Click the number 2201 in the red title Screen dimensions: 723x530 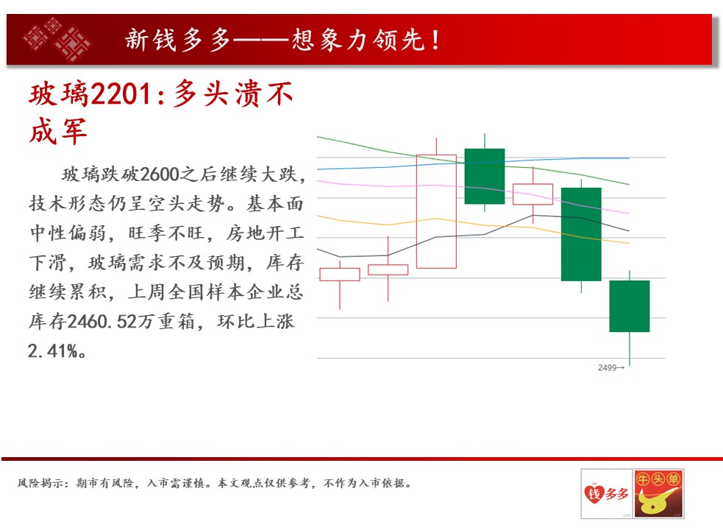coord(121,93)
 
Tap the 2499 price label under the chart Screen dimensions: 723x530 coord(607,367)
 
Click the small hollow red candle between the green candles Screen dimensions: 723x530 coord(533,194)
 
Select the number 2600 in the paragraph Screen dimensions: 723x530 coord(159,174)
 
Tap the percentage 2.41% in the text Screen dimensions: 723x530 coord(52,351)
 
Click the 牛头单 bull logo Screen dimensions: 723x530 coord(658,493)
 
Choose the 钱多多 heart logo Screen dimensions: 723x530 coord(606,493)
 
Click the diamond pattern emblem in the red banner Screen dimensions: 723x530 coord(57,39)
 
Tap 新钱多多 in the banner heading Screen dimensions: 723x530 coord(177,40)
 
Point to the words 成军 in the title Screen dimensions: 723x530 coord(58,131)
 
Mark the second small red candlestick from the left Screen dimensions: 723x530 coord(388,269)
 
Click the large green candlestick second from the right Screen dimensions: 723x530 coord(581,234)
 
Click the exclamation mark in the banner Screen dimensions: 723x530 coord(435,40)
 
